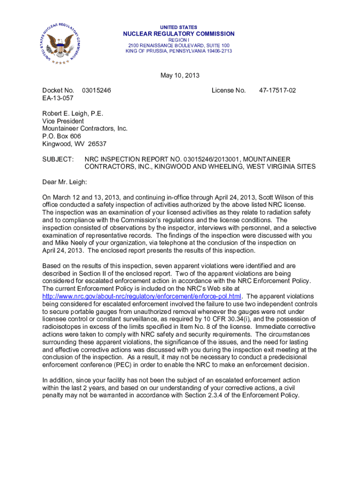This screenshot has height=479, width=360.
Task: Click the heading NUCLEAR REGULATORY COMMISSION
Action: click(x=179, y=34)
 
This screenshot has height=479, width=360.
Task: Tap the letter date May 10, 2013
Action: click(x=180, y=75)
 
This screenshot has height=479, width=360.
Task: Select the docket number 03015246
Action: click(x=96, y=90)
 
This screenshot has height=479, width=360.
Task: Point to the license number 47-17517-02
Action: click(x=277, y=90)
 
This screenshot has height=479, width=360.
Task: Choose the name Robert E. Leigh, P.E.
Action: click(x=72, y=114)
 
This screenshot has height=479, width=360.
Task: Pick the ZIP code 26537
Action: click(x=97, y=144)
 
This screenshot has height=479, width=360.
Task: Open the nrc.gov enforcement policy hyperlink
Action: click(x=142, y=296)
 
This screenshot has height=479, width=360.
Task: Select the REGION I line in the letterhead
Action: click(x=179, y=40)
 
